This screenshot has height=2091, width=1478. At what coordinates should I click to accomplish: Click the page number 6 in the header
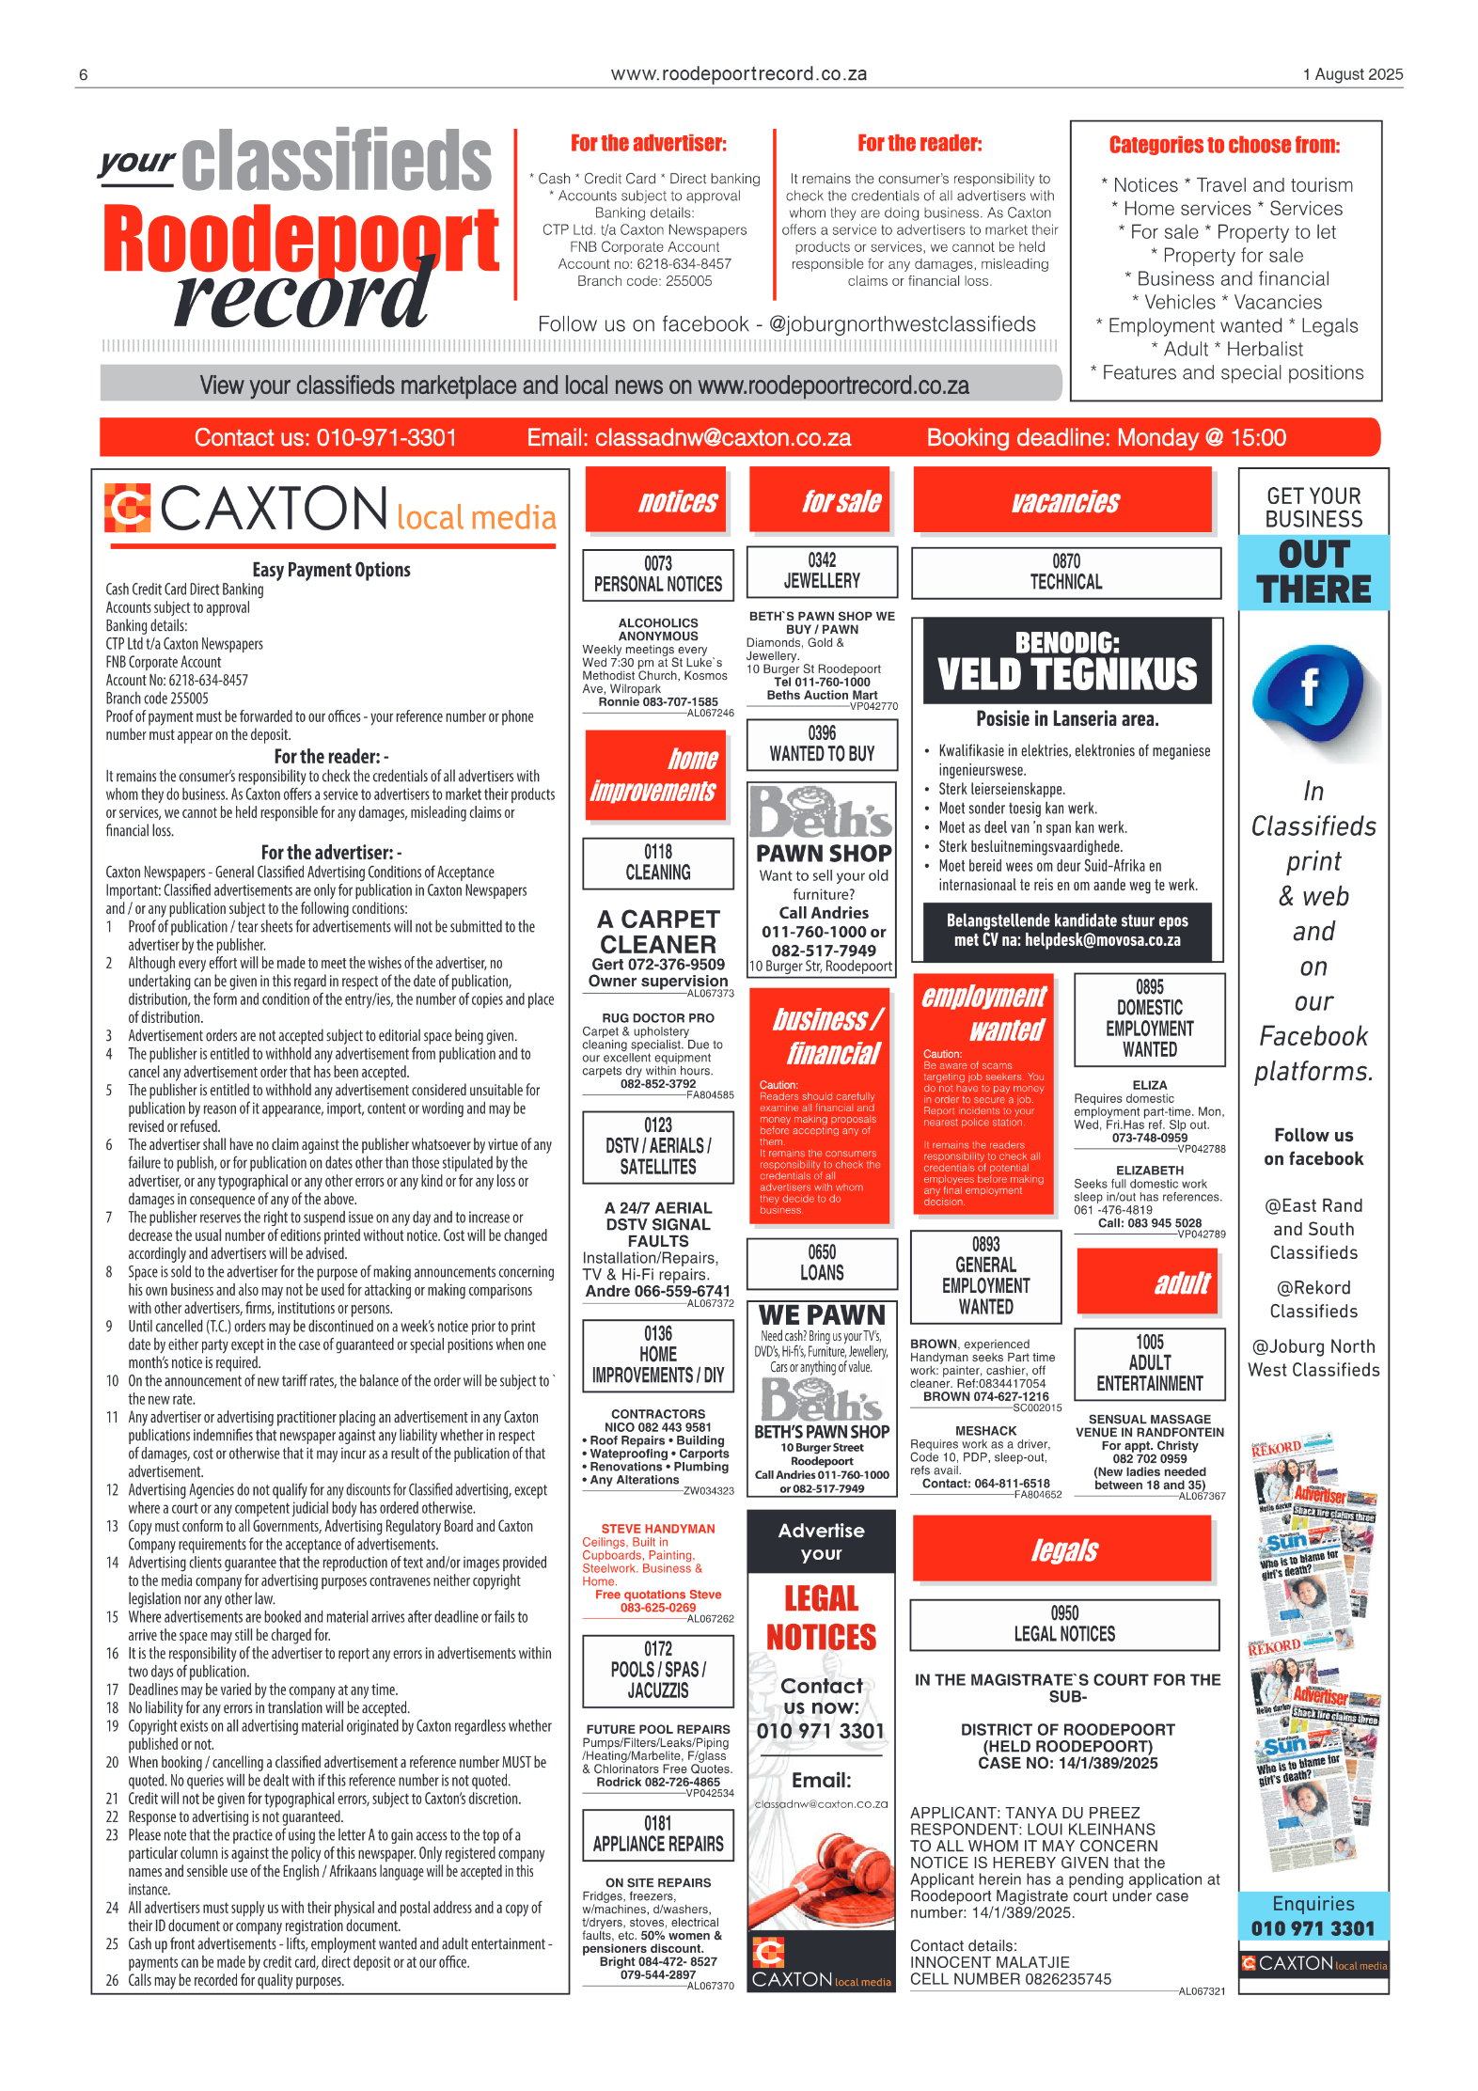click(84, 75)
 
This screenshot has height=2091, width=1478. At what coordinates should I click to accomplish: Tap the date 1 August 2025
click(1352, 74)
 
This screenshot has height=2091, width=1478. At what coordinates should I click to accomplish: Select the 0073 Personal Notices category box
click(658, 574)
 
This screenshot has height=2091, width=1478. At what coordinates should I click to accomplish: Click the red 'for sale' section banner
click(823, 501)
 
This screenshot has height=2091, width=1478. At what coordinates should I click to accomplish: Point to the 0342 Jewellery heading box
click(822, 572)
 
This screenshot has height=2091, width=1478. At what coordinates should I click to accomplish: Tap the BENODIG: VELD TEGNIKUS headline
click(1067, 662)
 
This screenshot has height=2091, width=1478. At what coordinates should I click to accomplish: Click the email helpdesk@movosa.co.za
click(1103, 939)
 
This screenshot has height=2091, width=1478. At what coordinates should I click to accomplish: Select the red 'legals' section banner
click(1063, 1549)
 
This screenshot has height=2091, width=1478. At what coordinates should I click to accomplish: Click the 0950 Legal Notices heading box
click(1064, 1625)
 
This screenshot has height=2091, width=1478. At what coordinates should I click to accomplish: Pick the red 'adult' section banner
click(1148, 1281)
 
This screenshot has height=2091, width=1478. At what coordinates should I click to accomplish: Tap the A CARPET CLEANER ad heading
click(658, 932)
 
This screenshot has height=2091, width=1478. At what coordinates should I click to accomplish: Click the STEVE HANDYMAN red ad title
click(658, 1529)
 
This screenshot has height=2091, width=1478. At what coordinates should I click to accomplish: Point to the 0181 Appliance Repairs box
click(658, 1834)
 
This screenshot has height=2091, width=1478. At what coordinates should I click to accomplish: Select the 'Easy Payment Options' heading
click(331, 570)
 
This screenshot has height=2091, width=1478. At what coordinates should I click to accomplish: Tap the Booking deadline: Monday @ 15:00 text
click(1106, 438)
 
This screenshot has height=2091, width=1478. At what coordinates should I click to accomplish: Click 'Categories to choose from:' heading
click(1224, 146)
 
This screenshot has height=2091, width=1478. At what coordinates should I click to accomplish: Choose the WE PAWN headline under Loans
click(822, 1314)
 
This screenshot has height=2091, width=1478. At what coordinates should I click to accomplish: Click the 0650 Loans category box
click(822, 1263)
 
